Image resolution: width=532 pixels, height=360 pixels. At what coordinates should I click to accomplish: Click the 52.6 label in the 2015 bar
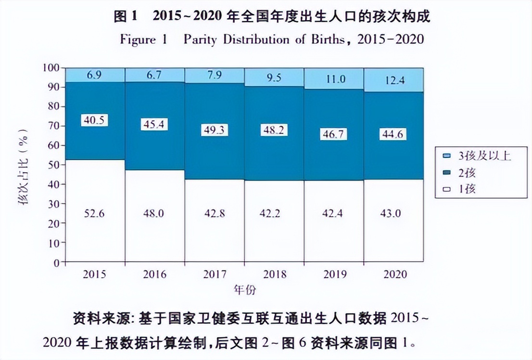(95, 213)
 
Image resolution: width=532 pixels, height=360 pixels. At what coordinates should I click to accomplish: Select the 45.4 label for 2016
(154, 124)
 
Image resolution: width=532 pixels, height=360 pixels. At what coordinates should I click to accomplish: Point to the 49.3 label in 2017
(214, 130)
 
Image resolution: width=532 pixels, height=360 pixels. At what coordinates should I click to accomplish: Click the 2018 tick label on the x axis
(274, 275)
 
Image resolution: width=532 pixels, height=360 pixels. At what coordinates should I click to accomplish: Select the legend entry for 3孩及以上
(480, 156)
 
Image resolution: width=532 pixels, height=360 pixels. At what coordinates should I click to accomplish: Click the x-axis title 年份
(244, 290)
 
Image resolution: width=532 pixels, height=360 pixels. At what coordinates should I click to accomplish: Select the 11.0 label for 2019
(334, 79)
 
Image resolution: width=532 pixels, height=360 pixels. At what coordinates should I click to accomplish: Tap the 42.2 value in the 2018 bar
(274, 213)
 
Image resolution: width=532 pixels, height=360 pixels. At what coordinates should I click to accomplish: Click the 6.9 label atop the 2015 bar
(95, 76)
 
